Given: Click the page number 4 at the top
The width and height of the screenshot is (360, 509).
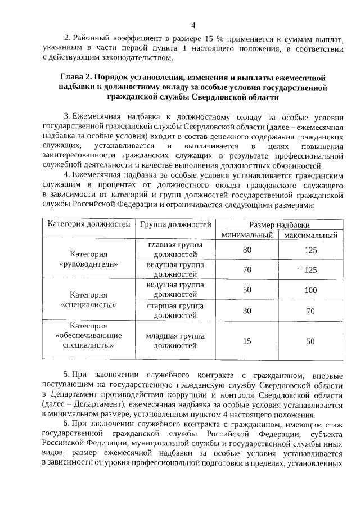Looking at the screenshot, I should (x=193, y=25).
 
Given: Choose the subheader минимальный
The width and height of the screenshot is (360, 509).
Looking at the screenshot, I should (x=247, y=235).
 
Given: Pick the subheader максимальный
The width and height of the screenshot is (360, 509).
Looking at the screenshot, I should (x=310, y=235).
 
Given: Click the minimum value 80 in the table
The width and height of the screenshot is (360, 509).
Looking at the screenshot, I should (x=247, y=250).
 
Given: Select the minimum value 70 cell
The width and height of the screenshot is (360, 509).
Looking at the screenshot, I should (x=247, y=270).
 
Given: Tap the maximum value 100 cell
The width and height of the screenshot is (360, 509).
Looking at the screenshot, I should (x=310, y=290).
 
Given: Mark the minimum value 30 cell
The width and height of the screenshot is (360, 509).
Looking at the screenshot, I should (x=247, y=310).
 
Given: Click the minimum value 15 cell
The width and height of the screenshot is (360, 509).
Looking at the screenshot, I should (x=247, y=341).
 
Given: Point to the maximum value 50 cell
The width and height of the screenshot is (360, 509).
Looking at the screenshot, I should (x=310, y=341).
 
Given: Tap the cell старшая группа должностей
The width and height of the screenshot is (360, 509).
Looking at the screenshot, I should (x=175, y=310).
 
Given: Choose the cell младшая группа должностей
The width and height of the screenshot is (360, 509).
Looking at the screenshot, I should (x=175, y=341).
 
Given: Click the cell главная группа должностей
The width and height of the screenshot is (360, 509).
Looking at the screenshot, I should (x=175, y=250).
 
